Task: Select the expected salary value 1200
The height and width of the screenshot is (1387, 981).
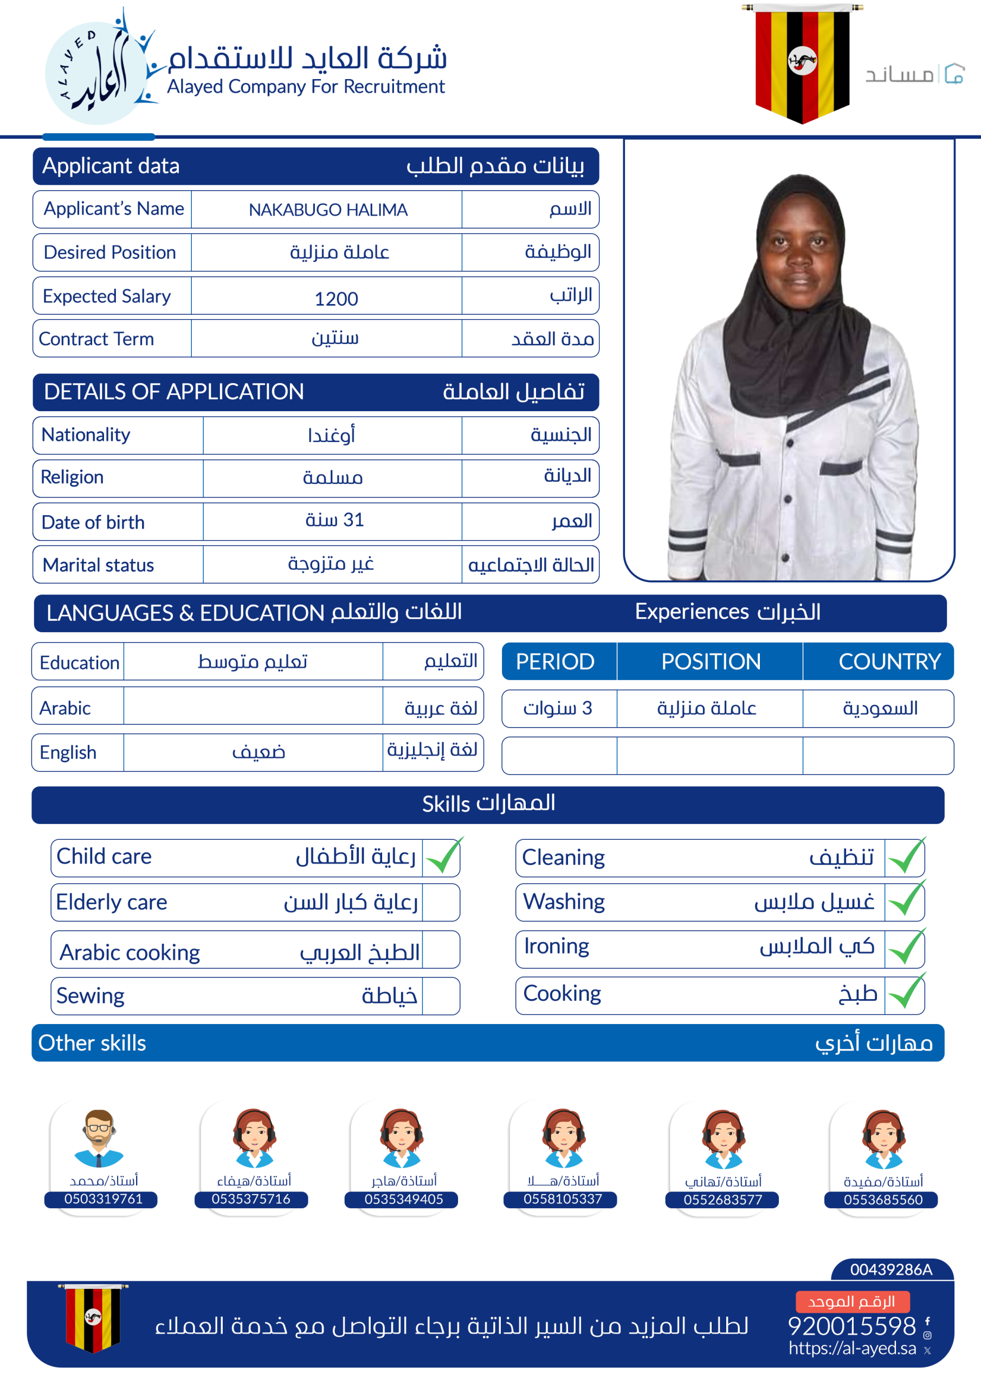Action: click(336, 299)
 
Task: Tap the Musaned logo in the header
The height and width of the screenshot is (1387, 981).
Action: click(914, 74)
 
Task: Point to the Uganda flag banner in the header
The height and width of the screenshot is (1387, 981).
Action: click(802, 63)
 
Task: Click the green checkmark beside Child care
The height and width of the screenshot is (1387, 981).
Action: click(443, 857)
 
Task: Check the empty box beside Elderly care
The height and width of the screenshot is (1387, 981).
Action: click(441, 903)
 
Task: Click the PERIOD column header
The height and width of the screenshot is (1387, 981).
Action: click(555, 662)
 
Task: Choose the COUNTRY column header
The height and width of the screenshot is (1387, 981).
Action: click(888, 662)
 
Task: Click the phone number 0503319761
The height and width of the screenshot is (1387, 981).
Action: click(103, 1199)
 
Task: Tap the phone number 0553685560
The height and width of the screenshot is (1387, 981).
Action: click(882, 1200)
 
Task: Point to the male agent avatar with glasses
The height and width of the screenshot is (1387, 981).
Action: click(99, 1138)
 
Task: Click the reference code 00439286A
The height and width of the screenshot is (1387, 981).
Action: click(891, 1269)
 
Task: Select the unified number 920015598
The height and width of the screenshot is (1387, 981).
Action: click(851, 1326)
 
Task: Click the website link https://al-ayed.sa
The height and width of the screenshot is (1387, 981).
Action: click(851, 1349)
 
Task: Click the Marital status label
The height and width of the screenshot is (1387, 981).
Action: click(98, 565)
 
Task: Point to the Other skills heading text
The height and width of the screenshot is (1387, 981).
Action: click(92, 1044)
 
